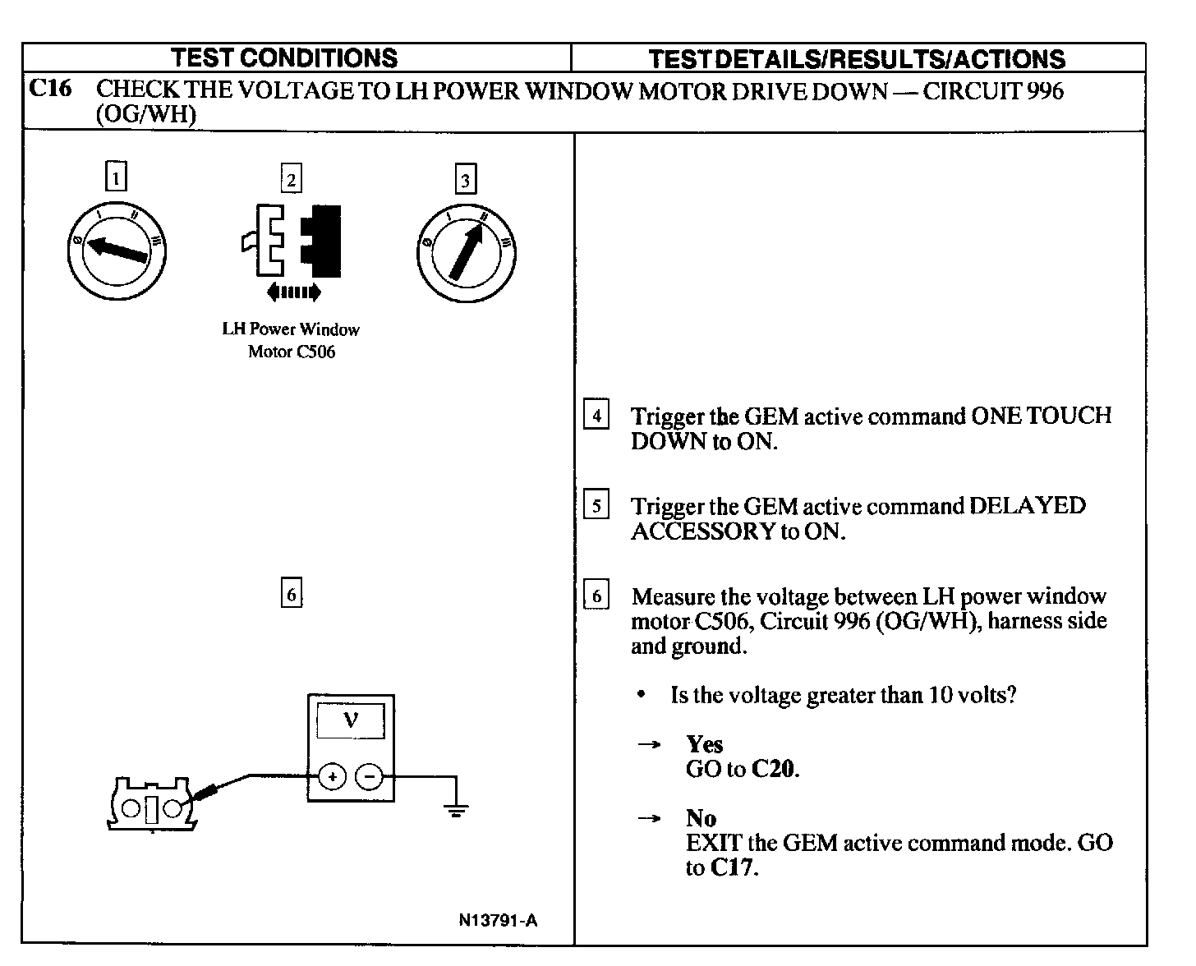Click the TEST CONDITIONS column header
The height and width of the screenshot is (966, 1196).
click(x=284, y=58)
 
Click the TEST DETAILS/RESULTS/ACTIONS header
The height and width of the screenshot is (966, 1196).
click(x=857, y=59)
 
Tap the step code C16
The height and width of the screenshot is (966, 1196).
click(x=50, y=89)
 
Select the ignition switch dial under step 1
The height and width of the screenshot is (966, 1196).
click(x=117, y=245)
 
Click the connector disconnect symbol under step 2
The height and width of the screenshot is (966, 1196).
click(x=292, y=241)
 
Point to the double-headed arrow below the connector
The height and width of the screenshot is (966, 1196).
click(x=293, y=292)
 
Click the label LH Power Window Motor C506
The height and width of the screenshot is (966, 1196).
click(x=291, y=340)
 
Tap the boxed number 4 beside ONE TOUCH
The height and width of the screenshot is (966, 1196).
click(x=596, y=416)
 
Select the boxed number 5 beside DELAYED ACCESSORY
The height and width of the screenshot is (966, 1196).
click(x=596, y=505)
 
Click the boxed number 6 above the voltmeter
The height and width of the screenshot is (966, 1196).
click(x=291, y=593)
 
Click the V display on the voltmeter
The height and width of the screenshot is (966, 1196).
click(x=351, y=721)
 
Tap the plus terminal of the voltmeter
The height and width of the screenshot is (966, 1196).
click(x=332, y=776)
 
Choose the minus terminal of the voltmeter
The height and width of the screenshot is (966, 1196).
click(x=370, y=776)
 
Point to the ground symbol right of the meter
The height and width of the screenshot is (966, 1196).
click(x=456, y=809)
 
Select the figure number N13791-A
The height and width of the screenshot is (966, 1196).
click(x=498, y=920)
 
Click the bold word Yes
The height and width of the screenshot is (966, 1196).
click(x=704, y=744)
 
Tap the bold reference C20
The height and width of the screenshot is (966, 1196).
click(x=774, y=770)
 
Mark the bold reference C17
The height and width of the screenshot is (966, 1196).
click(x=732, y=868)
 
